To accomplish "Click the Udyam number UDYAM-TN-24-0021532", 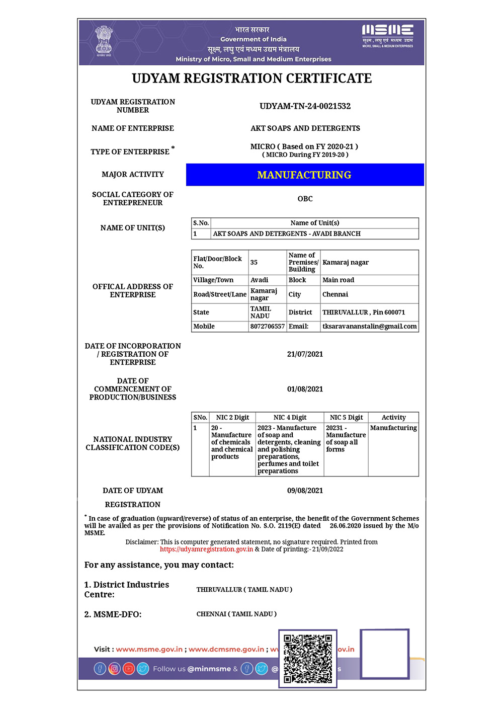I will click(305, 106).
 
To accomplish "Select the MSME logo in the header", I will click(387, 35).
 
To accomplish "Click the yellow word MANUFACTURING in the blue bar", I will click(304, 175).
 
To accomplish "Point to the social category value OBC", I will click(305, 199).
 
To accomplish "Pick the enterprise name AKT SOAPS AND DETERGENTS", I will click(305, 128).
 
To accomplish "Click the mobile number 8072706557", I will click(267, 327).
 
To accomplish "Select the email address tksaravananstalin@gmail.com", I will click(369, 327).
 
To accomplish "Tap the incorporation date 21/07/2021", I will click(305, 354).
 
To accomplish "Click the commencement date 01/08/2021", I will click(305, 389).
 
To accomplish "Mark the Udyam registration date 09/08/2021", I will click(305, 491).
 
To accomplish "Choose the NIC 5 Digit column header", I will click(346, 418).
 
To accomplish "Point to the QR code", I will click(307, 658).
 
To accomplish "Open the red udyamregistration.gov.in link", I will click(206, 549).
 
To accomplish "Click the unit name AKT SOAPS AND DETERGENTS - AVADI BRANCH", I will click(287, 234).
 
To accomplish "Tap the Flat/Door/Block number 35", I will click(254, 263).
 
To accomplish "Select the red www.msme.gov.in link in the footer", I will click(149, 649).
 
